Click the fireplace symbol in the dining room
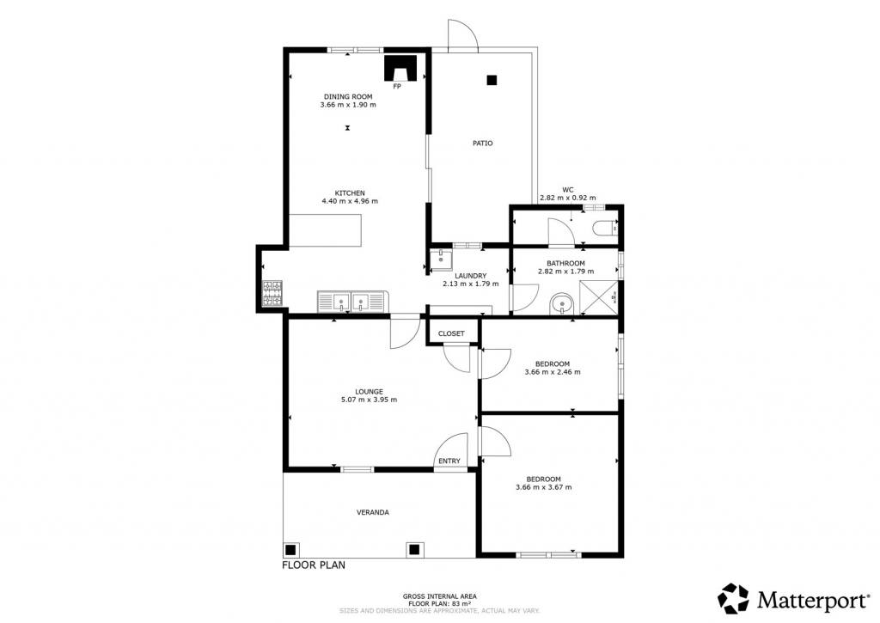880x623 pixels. click(x=400, y=68)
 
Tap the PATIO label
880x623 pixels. click(x=483, y=144)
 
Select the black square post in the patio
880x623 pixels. click(x=492, y=80)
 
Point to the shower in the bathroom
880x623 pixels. click(x=599, y=296)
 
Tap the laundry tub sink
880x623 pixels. click(x=441, y=260)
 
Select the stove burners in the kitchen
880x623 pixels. click(x=272, y=294)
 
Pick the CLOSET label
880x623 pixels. click(x=451, y=333)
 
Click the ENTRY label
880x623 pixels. click(x=449, y=461)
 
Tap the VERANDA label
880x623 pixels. click(x=373, y=512)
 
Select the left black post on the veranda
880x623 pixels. click(x=290, y=549)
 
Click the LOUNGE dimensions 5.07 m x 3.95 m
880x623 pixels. click(x=369, y=400)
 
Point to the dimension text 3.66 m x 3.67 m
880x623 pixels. click(x=543, y=487)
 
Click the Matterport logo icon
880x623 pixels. click(x=733, y=598)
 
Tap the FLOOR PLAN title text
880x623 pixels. click(x=314, y=565)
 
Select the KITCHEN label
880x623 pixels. click(x=350, y=193)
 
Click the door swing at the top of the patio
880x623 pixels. click(x=463, y=34)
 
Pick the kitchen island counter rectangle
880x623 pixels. click(x=325, y=230)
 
